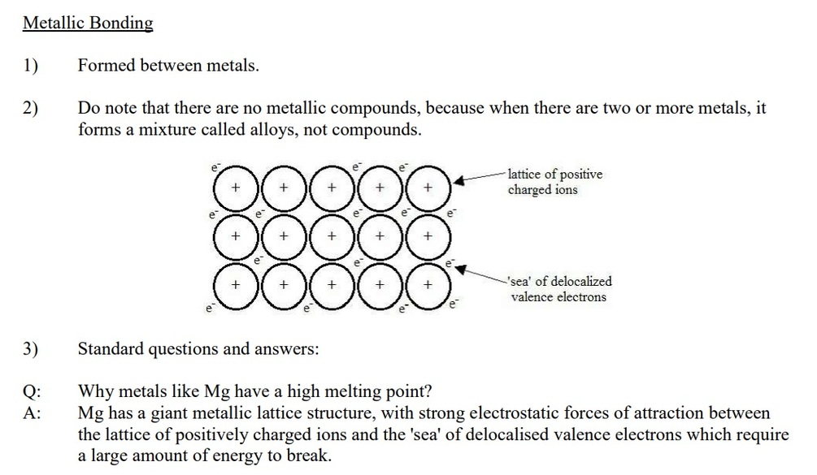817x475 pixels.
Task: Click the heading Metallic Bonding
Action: coord(88,23)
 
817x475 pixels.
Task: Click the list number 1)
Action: coord(30,66)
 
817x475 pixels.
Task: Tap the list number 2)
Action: coord(30,108)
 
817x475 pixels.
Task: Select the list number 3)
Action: coord(30,349)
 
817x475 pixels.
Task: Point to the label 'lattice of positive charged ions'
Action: coord(555,183)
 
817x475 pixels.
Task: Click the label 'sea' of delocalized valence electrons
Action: coord(559,289)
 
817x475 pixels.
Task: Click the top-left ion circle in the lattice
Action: coord(235,188)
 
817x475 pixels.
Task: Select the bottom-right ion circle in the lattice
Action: coord(428,286)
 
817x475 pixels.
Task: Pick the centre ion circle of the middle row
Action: coord(332,236)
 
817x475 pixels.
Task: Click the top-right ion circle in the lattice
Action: coord(428,188)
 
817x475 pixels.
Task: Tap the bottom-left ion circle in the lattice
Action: coord(235,286)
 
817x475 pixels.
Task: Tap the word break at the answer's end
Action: coord(309,456)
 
